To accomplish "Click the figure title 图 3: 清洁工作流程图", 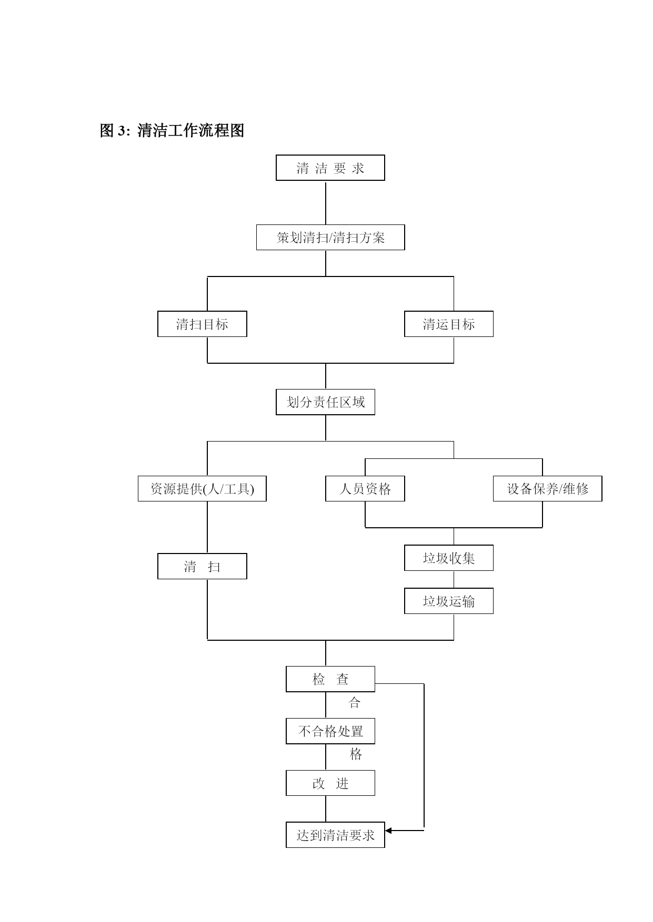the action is point(172,130).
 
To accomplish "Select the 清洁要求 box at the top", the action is point(330,168).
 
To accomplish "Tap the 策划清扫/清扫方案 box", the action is point(330,238).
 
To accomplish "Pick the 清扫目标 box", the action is point(202,324).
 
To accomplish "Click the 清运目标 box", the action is point(449,324).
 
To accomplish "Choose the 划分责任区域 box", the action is point(325,402).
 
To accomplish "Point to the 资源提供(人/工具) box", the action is point(202,489).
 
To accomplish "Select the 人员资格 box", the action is point(365,489).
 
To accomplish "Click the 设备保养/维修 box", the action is point(547,489).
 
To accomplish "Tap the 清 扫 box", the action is point(202,566).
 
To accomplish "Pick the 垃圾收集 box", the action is point(449,558).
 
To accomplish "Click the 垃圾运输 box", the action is point(449,601).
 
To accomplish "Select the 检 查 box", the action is point(330,679).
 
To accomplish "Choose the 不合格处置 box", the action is point(330,731).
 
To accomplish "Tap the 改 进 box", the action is point(330,783).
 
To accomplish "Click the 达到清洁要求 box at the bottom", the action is point(335,835).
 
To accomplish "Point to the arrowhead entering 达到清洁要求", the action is point(389,831).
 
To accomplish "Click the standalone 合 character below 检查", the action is point(355,703).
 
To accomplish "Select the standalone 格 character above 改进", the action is point(356,755).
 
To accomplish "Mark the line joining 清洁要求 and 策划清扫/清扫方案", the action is point(326,203).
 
